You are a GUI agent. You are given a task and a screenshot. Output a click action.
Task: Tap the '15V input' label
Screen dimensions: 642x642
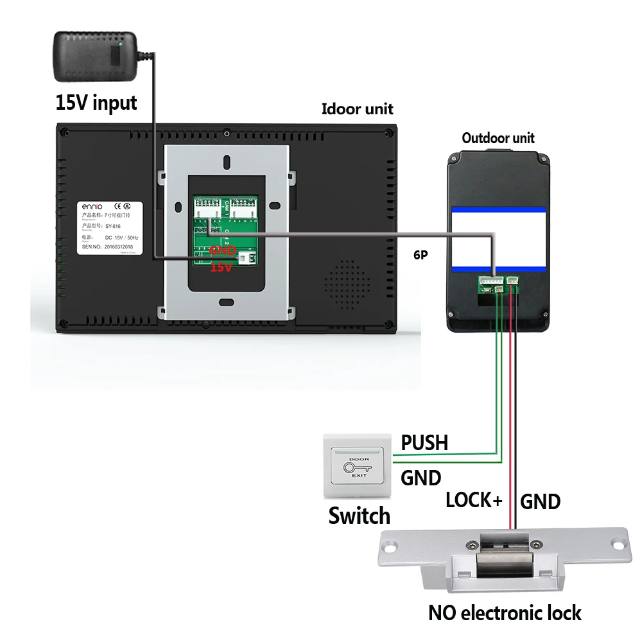point(96,103)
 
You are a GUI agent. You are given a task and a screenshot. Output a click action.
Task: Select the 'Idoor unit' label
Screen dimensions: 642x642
point(357,109)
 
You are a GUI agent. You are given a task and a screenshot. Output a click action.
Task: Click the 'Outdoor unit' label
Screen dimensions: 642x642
point(498,138)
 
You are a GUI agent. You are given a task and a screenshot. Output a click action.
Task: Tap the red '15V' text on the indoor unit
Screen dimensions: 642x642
point(221,266)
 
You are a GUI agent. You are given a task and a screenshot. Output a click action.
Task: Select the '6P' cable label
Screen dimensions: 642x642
point(421,255)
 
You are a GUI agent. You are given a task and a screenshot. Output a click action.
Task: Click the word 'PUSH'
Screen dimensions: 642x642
point(424,442)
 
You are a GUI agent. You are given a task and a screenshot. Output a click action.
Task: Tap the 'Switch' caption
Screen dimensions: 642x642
point(359,516)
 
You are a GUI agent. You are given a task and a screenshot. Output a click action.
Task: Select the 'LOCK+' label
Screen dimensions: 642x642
point(474,500)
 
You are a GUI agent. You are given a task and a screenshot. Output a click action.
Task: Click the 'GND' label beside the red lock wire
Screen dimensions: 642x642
point(540,501)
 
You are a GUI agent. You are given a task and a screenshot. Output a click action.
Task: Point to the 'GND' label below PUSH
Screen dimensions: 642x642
point(421,478)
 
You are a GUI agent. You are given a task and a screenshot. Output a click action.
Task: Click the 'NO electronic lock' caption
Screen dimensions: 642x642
point(505,612)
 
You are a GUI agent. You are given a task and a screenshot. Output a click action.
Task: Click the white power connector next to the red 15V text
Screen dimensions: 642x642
point(245,258)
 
